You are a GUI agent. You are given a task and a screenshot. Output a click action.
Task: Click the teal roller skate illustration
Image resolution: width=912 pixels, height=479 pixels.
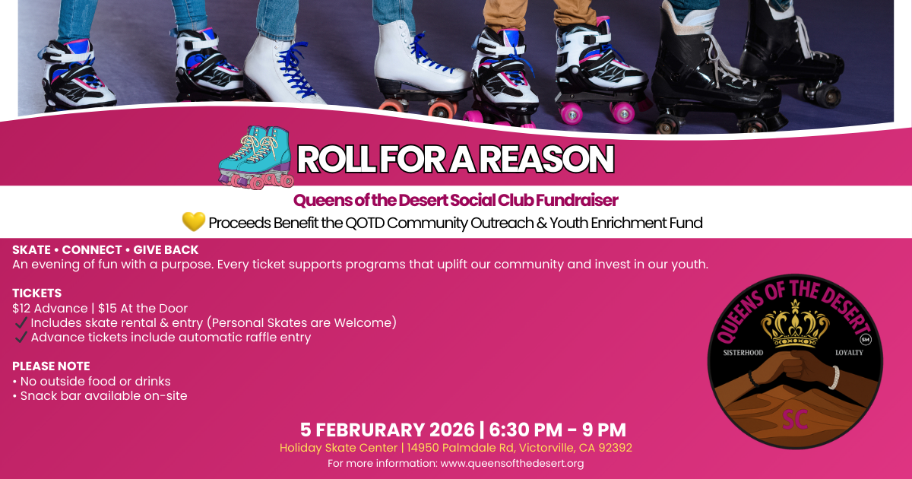click(x=255, y=157)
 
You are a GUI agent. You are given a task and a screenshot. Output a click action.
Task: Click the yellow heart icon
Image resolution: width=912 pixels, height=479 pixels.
click(x=194, y=221)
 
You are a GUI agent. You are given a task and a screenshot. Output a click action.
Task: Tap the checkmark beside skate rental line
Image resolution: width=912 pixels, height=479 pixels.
click(x=21, y=323)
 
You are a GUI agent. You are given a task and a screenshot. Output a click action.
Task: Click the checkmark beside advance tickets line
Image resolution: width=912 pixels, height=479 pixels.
click(x=21, y=338)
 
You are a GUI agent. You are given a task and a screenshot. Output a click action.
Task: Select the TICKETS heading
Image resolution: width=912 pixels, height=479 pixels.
click(x=36, y=293)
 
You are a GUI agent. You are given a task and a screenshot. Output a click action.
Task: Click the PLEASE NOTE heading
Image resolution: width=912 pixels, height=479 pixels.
click(x=51, y=366)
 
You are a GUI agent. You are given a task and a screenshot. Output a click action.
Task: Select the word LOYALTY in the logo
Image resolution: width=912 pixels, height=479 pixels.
click(x=849, y=354)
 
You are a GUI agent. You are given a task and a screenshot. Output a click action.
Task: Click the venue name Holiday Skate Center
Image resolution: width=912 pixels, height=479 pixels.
click(x=337, y=448)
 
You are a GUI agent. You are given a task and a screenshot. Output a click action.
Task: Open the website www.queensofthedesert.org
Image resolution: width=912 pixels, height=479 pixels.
click(x=511, y=463)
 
